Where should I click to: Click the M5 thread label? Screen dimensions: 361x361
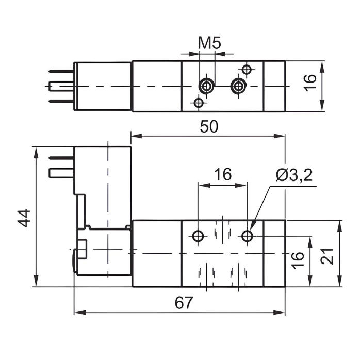click(x=210, y=43)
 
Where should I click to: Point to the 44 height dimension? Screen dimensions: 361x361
click(x=24, y=218)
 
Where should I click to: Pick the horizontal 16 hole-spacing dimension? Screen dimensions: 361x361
click(x=223, y=174)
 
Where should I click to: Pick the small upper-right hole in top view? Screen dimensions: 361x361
click(x=247, y=69)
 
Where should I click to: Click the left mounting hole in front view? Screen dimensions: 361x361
click(x=198, y=236)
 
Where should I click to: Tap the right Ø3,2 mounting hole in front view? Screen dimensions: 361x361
click(x=248, y=236)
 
